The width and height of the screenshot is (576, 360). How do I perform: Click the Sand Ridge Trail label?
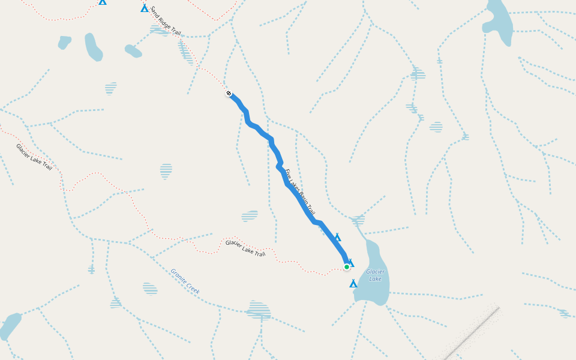pos(165,22)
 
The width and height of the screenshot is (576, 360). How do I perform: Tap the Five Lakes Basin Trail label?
pos(299,192)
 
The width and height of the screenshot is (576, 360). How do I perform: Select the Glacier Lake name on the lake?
pos(376,275)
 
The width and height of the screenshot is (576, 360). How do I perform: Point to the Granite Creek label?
pos(185,281)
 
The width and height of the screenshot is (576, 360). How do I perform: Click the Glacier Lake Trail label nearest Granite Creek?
pos(245,248)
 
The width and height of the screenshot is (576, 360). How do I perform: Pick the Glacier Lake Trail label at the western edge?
pos(34,157)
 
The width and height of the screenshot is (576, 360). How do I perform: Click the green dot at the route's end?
pos(347,267)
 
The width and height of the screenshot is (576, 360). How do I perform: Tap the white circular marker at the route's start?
pos(229,93)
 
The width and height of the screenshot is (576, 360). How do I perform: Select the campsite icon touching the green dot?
pos(351,263)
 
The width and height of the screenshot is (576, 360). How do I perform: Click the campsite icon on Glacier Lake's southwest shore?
pos(353,284)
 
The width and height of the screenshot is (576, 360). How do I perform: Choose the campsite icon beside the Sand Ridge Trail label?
pos(145,8)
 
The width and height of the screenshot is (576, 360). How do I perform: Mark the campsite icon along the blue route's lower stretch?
pos(338,238)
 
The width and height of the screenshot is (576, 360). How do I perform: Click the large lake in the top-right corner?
pos(499,23)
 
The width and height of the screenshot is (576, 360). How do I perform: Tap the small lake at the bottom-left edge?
pos(10,326)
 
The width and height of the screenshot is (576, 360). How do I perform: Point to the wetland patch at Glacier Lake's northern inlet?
pos(358,220)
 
